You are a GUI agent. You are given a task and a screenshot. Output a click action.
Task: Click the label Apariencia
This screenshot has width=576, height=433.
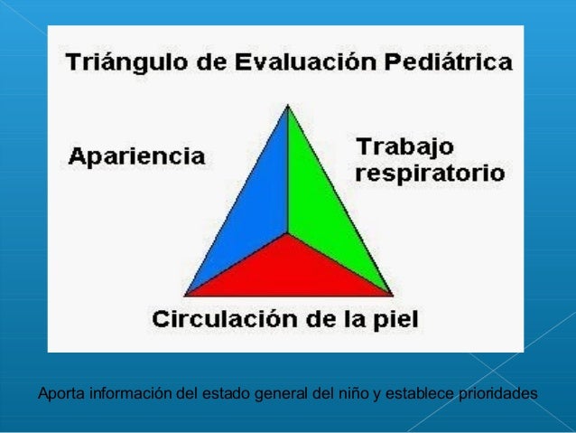click(x=137, y=155)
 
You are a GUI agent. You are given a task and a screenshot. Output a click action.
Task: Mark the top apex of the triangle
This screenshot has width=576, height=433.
click(x=288, y=105)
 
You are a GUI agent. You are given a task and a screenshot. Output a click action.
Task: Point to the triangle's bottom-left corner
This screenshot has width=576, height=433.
click(x=185, y=295)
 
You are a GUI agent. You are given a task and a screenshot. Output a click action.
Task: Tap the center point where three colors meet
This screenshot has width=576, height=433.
click(x=288, y=233)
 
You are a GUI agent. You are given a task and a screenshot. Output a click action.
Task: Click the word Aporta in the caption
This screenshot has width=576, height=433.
click(x=57, y=394)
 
